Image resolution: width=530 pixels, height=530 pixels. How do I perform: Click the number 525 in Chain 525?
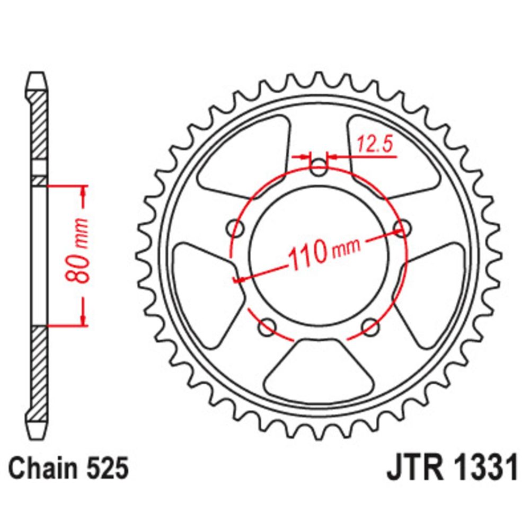108,468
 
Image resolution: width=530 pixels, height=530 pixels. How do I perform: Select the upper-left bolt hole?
236,228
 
